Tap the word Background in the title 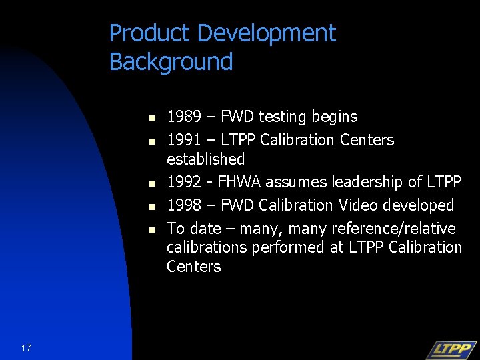pos(171,62)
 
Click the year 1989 pos(184,117)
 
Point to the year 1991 pos(184,140)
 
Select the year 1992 pos(184,182)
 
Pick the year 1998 pos(184,205)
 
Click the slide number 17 pos(26,348)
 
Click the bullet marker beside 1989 pos(152,118)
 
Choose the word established pos(205,159)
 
